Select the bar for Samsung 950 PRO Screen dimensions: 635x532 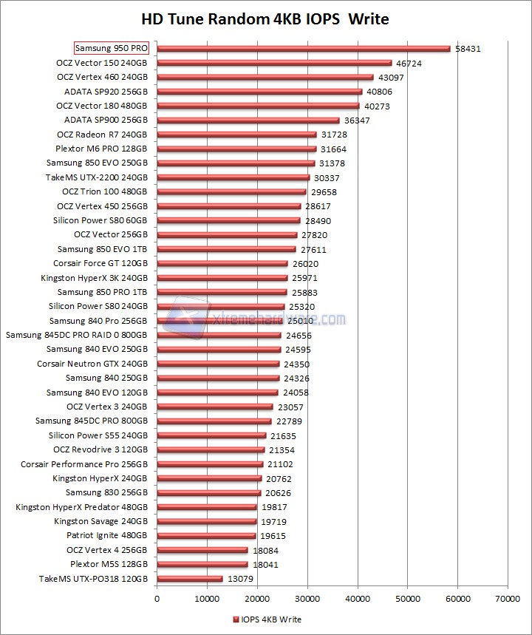304,49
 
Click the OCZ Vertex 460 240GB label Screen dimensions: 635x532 102,77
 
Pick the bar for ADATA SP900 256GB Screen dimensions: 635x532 248,120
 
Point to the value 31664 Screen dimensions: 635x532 333,149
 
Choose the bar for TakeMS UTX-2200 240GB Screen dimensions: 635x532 233,177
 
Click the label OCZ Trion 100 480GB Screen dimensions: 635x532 104,191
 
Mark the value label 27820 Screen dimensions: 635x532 314,235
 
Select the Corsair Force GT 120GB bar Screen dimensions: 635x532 222,263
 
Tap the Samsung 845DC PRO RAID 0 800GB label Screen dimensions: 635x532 77,335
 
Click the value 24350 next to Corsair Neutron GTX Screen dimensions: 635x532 296,364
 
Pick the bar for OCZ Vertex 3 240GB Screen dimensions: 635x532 215,407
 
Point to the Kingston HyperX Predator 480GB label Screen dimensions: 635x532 82,507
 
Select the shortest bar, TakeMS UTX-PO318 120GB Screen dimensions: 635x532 190,579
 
